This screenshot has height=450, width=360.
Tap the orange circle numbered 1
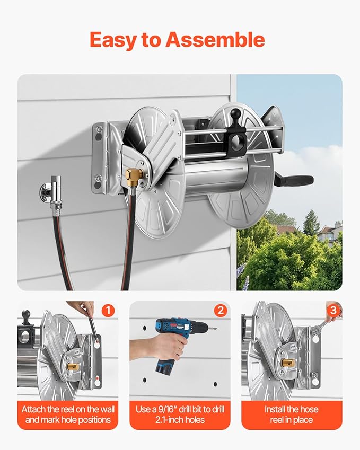tap(108, 310)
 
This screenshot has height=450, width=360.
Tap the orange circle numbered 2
tap(220, 310)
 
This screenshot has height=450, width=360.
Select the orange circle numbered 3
tap(332, 310)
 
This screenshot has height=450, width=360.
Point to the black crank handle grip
tap(296, 180)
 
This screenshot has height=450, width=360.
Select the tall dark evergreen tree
tap(310, 223)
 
